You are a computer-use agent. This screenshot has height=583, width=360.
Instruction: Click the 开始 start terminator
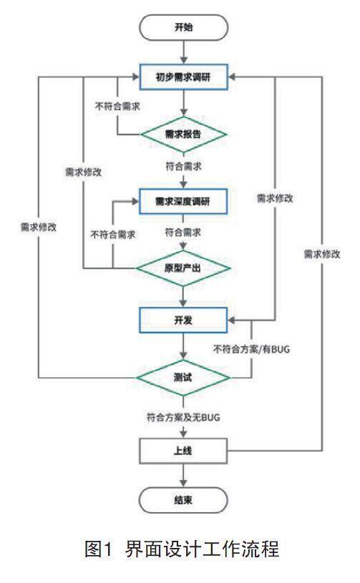click(x=183, y=27)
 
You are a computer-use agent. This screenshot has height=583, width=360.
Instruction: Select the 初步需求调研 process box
click(x=183, y=77)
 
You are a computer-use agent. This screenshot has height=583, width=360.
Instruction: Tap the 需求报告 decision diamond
click(x=183, y=134)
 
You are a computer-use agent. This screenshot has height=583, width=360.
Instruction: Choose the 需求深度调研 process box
click(x=183, y=202)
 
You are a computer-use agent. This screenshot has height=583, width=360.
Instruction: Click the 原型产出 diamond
click(x=183, y=268)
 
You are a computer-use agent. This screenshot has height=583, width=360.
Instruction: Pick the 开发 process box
click(x=183, y=320)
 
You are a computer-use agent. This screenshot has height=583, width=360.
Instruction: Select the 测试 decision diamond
click(x=183, y=378)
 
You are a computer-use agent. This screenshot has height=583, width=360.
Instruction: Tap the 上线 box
click(x=183, y=451)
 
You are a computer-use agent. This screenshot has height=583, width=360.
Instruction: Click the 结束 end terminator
click(x=183, y=500)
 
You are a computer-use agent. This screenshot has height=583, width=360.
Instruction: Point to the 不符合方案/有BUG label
click(x=251, y=349)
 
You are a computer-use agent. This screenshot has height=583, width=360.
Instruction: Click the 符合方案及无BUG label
click(x=183, y=417)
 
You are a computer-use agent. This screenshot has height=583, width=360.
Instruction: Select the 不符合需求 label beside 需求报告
click(x=117, y=107)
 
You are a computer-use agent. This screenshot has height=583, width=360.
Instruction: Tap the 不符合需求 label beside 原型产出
click(x=112, y=235)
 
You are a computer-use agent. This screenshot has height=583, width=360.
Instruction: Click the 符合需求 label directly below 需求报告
click(x=183, y=166)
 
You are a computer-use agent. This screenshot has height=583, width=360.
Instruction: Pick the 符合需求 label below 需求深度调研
click(x=183, y=232)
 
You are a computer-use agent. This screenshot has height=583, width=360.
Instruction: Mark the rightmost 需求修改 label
click(x=322, y=255)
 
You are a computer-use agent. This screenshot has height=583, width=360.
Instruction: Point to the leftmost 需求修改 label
click(x=39, y=227)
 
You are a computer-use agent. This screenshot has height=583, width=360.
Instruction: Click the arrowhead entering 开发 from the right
click(x=231, y=320)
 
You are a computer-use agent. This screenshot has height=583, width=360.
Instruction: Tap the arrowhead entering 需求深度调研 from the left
click(x=136, y=202)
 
